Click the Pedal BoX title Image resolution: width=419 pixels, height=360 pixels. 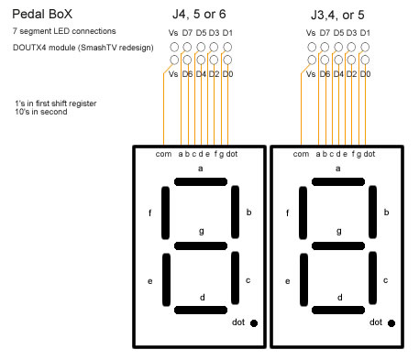pyautogui.click(x=42, y=14)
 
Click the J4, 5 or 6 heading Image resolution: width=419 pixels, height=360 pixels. pyautogui.click(x=199, y=14)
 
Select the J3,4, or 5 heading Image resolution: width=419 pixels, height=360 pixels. pyautogui.click(x=337, y=15)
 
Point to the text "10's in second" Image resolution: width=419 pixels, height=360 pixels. pyautogui.click(x=41, y=112)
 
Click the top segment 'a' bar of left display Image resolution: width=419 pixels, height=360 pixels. pyautogui.click(x=201, y=182)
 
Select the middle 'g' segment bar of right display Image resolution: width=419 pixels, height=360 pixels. pyautogui.click(x=338, y=245)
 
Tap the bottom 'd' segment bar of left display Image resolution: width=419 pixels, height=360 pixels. pyautogui.click(x=201, y=311)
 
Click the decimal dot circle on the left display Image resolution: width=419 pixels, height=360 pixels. pyautogui.click(x=254, y=323)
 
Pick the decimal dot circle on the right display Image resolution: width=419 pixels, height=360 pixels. pyautogui.click(x=391, y=323)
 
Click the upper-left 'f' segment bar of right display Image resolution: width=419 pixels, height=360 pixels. pyautogui.click(x=303, y=213)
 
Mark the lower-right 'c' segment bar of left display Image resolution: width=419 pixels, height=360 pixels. pyautogui.click(x=235, y=278)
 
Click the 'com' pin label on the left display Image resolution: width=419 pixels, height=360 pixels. pyautogui.click(x=163, y=154)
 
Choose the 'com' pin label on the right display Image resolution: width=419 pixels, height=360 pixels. pyautogui.click(x=301, y=154)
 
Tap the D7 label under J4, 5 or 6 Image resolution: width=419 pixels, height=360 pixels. pyautogui.click(x=187, y=33)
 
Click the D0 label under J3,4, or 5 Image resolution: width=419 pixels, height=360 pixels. pyautogui.click(x=365, y=74)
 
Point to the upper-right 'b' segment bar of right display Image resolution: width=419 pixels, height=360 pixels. pyautogui.click(x=372, y=212)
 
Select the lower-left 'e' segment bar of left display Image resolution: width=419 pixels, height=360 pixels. pyautogui.click(x=166, y=279)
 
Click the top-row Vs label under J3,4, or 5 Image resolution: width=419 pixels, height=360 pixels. pyautogui.click(x=311, y=33)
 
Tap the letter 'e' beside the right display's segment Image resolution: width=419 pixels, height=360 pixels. pyautogui.click(x=287, y=281)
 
